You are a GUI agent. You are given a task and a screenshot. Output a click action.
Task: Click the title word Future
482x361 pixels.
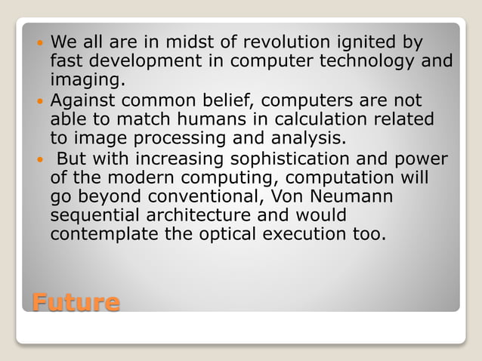pos(76,303)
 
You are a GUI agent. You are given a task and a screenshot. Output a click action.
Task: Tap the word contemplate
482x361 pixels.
pos(103,236)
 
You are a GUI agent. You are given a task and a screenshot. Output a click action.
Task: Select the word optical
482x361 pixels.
pos(227,236)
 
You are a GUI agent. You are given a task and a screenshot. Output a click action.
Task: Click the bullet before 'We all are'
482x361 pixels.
pos(39,42)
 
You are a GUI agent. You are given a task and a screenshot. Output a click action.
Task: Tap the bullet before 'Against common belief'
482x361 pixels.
pos(39,100)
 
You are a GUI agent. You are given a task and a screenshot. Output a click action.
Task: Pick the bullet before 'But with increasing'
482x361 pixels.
pos(39,159)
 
